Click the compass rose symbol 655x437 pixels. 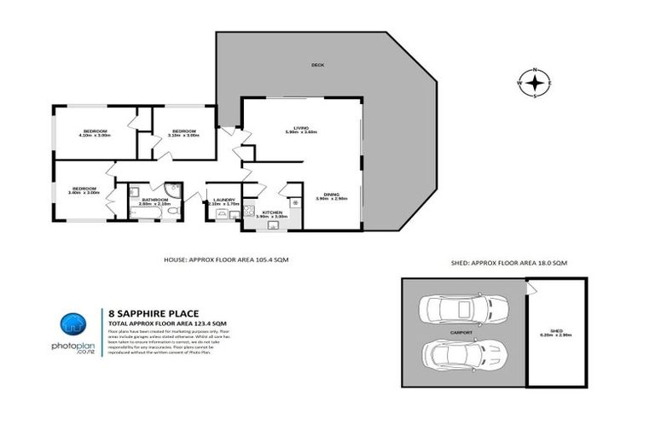[534, 83]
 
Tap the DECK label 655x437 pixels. [317, 65]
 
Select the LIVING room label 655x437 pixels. [301, 127]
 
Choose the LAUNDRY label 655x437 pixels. [223, 199]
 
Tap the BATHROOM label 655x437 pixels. [155, 199]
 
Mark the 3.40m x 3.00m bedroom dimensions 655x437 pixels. [84, 193]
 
